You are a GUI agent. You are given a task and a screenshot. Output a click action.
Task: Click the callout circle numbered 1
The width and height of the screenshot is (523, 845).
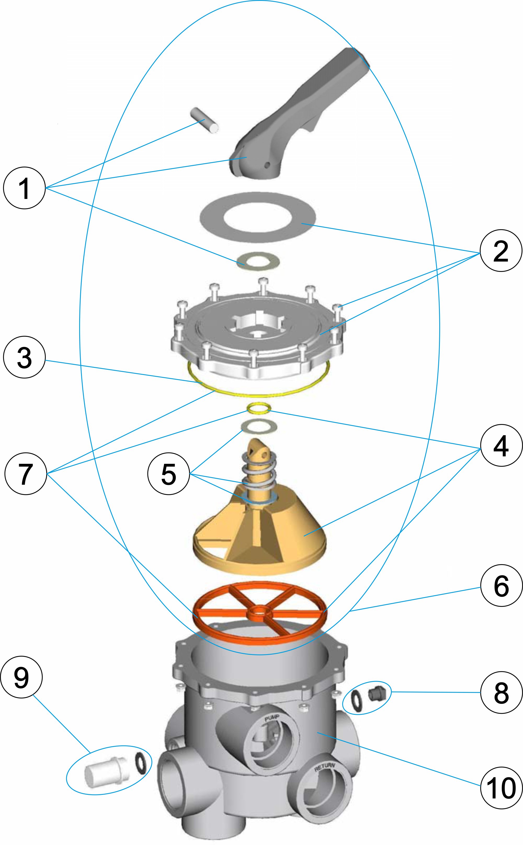24,189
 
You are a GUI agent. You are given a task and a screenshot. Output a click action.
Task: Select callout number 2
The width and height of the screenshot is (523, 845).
501,251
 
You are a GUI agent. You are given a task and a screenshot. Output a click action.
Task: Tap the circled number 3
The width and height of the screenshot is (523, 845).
24,357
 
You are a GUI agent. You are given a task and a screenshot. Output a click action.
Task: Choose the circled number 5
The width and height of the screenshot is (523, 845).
168,474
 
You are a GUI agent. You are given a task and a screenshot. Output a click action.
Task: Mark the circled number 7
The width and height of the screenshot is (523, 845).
25,474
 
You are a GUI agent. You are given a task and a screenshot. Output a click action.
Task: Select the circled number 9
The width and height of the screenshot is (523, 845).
21,678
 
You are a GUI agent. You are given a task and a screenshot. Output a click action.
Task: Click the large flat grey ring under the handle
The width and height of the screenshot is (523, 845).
258,217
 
